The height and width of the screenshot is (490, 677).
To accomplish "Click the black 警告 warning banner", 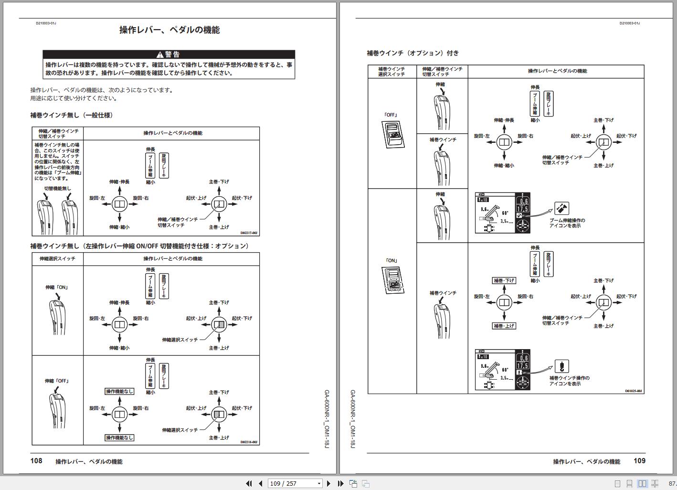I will (169, 54).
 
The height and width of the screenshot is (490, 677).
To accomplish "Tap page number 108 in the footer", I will (36, 461).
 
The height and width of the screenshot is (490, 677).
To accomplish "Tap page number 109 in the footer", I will (639, 461).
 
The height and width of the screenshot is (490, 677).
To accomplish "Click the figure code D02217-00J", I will (249, 233).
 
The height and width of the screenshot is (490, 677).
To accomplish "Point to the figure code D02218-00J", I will (249, 442).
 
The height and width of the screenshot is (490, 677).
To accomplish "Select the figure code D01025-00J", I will (634, 391).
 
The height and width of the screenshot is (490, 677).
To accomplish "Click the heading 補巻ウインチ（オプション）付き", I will (413, 53).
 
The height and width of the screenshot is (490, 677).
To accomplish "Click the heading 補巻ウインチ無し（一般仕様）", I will (72, 115).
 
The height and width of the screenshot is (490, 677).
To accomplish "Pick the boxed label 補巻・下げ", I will (504, 281).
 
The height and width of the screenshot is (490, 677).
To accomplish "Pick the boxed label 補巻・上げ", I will (504, 326).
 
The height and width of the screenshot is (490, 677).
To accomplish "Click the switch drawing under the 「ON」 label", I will (393, 280).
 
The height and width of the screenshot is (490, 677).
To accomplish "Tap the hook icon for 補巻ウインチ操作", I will (561, 366).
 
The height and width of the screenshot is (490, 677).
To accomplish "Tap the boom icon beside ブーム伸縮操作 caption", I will (561, 209).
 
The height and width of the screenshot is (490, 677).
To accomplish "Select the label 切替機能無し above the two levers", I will (57, 189).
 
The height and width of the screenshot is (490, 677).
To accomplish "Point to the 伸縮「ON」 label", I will (57, 288).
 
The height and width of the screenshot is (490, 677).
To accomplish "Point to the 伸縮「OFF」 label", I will (57, 381).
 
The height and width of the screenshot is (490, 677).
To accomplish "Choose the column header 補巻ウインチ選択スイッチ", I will (391, 72).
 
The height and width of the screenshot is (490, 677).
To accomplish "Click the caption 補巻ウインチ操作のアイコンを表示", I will (569, 381).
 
